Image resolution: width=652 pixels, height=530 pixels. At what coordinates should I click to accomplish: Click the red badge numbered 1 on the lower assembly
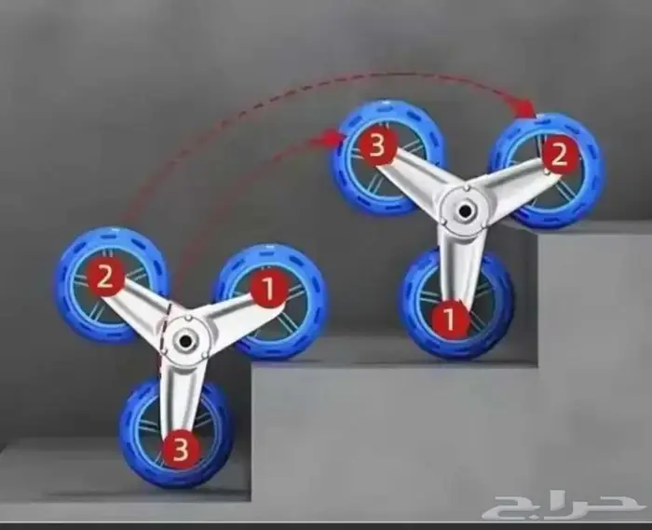pyautogui.click(x=268, y=289)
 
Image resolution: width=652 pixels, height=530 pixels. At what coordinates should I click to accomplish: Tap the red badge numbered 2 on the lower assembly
pyautogui.click(x=104, y=278)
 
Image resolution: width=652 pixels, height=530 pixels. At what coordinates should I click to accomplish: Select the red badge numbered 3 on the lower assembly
pyautogui.click(x=180, y=449)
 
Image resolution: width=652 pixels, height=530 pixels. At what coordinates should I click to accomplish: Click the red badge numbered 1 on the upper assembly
pyautogui.click(x=450, y=318)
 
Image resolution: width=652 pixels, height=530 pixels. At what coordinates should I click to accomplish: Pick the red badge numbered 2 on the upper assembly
pyautogui.click(x=559, y=155)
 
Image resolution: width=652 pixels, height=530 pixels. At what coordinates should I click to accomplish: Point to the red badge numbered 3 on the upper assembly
pyautogui.click(x=377, y=146)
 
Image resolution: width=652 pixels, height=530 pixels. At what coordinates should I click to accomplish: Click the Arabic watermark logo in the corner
pyautogui.click(x=565, y=504)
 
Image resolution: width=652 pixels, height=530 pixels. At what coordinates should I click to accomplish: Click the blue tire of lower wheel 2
pyautogui.click(x=66, y=266)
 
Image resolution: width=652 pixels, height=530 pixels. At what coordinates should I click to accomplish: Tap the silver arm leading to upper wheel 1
pyautogui.click(x=456, y=266)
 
